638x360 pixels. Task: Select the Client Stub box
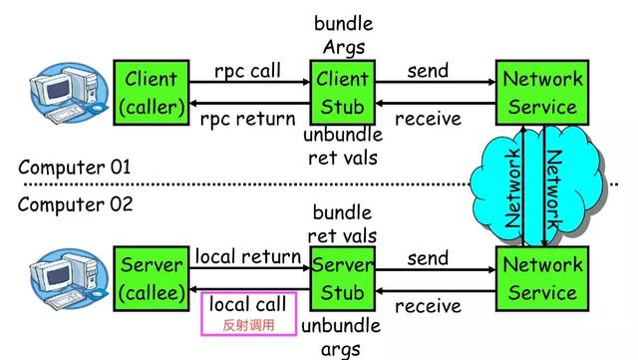click(343, 92)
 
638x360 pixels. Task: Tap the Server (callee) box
click(151, 278)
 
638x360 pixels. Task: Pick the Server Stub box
click(343, 278)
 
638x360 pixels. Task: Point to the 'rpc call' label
click(247, 71)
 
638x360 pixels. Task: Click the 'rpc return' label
click(247, 119)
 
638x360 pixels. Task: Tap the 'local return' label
click(247, 257)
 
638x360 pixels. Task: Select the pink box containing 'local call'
click(249, 313)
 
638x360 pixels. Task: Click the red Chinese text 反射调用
click(249, 325)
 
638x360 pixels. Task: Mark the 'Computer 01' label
click(75, 167)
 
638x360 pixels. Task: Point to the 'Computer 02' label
click(75, 205)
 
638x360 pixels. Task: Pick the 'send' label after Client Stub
click(428, 71)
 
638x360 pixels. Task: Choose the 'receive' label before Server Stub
click(428, 305)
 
